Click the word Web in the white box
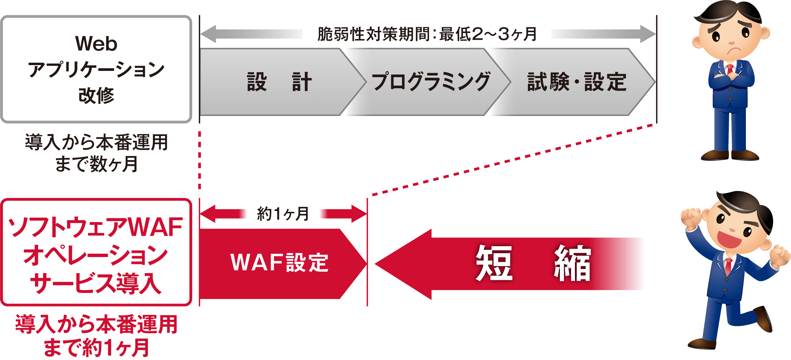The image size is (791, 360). click(x=96, y=44)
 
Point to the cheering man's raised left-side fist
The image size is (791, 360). click(x=691, y=218)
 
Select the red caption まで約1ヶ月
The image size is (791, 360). click(x=96, y=348)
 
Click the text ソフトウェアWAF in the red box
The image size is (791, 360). click(x=95, y=227)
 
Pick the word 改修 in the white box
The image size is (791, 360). click(x=96, y=95)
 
